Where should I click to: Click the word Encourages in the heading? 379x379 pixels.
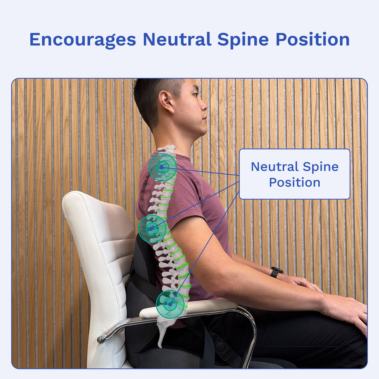click(83, 40)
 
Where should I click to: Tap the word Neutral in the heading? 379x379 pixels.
click(177, 40)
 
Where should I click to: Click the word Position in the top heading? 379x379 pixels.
click(312, 40)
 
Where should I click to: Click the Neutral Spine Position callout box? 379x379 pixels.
click(294, 174)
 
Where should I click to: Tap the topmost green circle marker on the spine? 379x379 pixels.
click(162, 167)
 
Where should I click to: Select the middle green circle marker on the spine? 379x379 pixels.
click(152, 228)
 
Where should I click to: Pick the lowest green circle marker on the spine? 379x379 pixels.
click(170, 304)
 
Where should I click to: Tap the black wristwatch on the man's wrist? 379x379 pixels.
click(276, 272)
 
